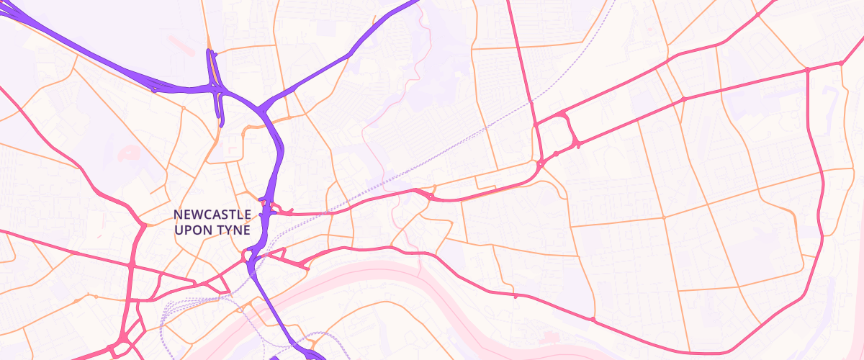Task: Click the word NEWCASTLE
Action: pos(212,215)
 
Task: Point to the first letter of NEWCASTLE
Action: pos(178,215)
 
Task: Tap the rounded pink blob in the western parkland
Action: pos(130,153)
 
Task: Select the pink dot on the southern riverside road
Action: pos(593,319)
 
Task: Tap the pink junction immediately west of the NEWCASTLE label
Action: pos(143,226)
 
